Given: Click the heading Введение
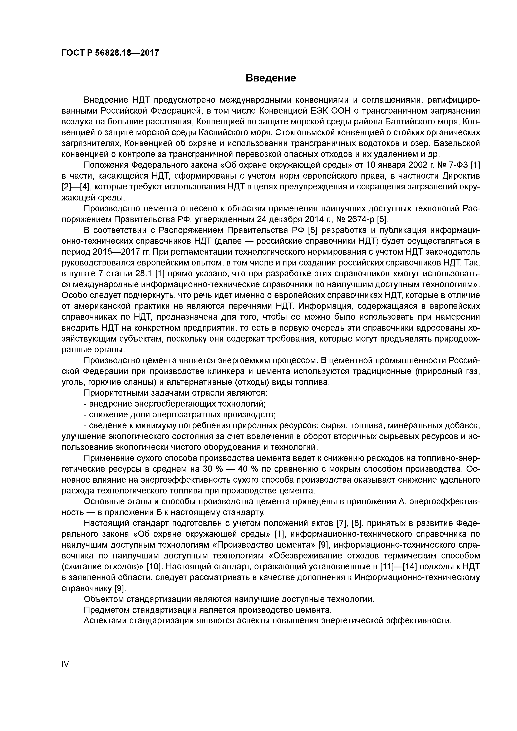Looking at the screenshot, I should point(271,78).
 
